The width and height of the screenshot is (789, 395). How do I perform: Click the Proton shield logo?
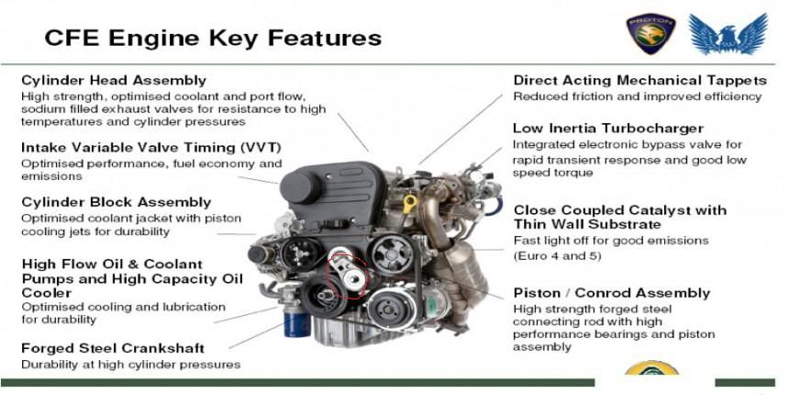[650, 33]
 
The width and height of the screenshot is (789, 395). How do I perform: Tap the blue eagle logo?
[728, 33]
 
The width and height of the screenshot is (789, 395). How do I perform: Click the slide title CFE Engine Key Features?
[213, 38]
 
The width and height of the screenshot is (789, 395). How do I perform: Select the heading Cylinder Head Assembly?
[114, 81]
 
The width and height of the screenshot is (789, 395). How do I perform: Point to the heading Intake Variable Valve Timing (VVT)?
[151, 148]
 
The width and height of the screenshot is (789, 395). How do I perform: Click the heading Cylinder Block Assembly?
[117, 202]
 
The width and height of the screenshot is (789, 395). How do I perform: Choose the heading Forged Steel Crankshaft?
[113, 348]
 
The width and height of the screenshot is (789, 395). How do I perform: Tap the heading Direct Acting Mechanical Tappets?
[640, 81]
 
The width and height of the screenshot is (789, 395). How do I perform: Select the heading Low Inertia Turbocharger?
[608, 129]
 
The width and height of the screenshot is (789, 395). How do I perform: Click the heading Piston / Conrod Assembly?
[612, 293]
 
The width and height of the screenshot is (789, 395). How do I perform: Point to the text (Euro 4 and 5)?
[557, 255]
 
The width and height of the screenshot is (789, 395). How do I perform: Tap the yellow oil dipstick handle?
[410, 204]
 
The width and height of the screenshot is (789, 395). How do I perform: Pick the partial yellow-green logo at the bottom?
[651, 368]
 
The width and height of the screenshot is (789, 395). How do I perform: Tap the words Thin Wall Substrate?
[587, 224]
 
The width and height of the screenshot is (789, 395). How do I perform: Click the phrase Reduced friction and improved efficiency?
[638, 96]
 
